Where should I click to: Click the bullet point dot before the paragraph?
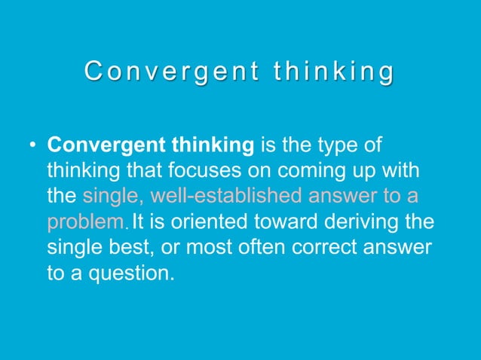[32, 145]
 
